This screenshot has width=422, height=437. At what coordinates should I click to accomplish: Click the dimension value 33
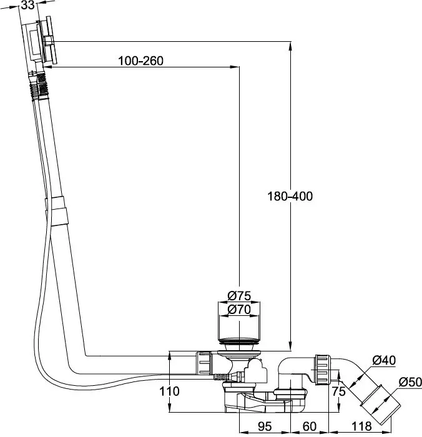pos(27,5)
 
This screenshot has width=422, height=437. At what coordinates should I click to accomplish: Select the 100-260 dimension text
pos(140,61)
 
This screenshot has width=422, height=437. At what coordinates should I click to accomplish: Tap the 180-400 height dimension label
pos(290,196)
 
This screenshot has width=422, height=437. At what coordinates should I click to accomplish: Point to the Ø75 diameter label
pos(239,296)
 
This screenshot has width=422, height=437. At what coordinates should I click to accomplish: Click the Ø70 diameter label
pos(239,310)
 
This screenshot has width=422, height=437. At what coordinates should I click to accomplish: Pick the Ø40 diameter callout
pos(384,360)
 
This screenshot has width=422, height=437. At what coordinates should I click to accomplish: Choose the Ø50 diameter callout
pos(410,382)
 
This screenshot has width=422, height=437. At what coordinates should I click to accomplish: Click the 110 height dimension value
pos(169,391)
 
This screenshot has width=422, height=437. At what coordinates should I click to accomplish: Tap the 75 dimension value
pos(338,391)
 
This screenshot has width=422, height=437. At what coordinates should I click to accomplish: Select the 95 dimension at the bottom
pos(265,426)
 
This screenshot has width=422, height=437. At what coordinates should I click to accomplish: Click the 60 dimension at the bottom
pos(310,426)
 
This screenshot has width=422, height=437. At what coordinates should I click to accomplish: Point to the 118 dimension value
pos(361,426)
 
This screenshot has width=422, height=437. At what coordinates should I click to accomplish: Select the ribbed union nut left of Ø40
pos(323,370)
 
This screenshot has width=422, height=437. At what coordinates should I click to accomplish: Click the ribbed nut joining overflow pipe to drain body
pos(204,363)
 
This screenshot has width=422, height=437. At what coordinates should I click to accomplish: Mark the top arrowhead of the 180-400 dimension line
pos(290,46)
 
